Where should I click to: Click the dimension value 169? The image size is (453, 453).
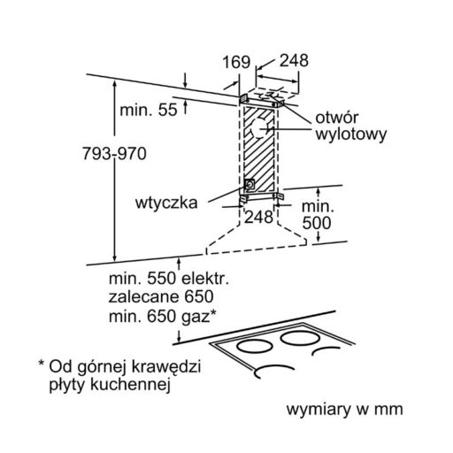[x=236, y=62]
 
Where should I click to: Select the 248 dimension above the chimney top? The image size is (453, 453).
[x=294, y=60]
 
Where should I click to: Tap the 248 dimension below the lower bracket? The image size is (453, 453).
[x=258, y=217]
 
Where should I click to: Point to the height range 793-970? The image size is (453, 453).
[x=114, y=154]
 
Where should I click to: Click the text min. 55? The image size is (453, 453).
[x=149, y=110]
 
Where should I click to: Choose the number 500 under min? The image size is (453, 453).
[x=317, y=223]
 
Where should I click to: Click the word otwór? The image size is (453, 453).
[x=336, y=118]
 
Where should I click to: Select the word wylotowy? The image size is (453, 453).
[x=351, y=134]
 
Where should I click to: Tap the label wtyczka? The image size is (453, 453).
[x=166, y=203]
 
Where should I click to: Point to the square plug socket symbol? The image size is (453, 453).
[x=250, y=185]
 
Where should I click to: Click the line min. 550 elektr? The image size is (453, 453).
[x=169, y=279]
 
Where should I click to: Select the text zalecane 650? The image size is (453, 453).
[x=161, y=296]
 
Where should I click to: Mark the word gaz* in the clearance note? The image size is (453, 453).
[x=197, y=317]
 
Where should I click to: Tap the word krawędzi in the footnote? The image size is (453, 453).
[x=165, y=366]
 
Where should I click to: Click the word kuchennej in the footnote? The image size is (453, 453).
[x=130, y=384]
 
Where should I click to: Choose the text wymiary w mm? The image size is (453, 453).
[x=344, y=410]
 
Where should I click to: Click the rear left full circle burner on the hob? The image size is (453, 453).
[x=254, y=347]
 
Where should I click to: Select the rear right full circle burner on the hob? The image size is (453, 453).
[x=300, y=338]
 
